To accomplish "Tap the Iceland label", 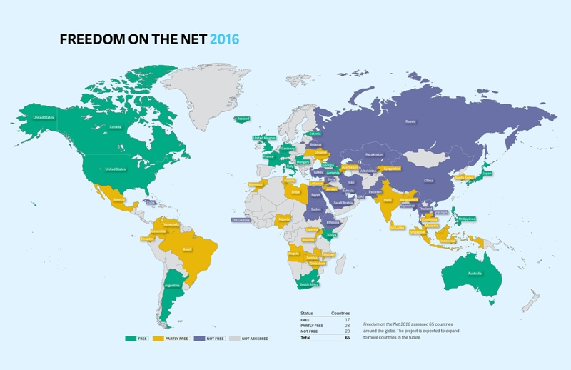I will (x=243, y=119).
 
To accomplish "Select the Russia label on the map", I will (x=410, y=122).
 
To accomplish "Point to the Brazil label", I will (x=188, y=249).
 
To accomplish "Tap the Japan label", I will (x=487, y=174).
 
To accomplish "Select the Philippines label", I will (x=468, y=219).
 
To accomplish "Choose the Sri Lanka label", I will (x=397, y=229).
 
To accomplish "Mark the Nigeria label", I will (x=285, y=219).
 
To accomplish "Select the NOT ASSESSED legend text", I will (x=255, y=338).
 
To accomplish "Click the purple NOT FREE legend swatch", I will (x=196, y=338).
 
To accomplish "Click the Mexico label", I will (x=118, y=201).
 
